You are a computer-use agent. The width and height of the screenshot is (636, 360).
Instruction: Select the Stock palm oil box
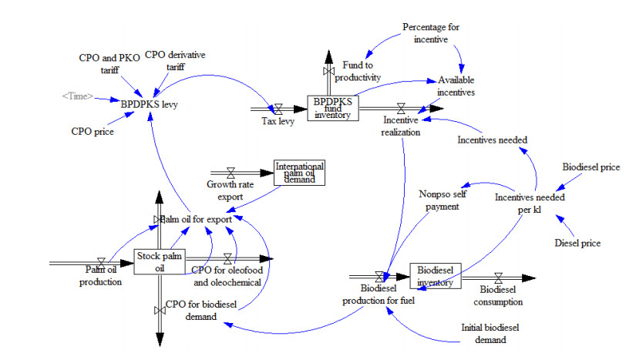coord(160,262)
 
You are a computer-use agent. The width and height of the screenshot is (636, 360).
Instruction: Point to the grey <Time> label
coord(77,96)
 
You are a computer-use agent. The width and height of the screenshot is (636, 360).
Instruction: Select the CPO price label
coord(93,132)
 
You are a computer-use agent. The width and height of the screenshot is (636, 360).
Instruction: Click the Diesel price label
coord(577,244)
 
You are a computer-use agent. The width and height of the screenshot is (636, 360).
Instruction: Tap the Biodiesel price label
coord(591,167)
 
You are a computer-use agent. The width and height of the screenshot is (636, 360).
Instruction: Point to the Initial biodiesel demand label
coord(484,333)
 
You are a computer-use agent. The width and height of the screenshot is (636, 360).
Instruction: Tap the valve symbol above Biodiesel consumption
coord(497,276)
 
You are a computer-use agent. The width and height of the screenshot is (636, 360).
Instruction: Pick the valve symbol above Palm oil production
coord(101,262)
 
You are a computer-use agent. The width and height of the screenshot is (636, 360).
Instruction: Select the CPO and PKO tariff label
coord(106,64)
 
